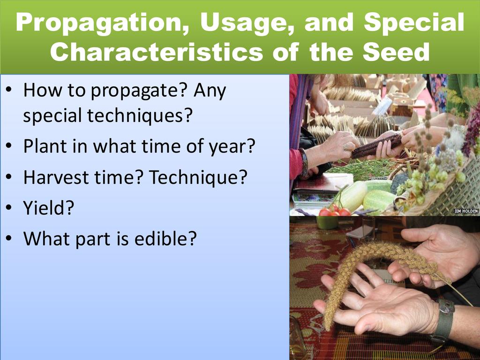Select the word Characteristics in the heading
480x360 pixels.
pyautogui.click(x=157, y=51)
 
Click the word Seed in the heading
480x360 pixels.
pyautogui.click(x=396, y=51)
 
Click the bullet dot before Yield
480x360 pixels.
pyautogui.click(x=9, y=208)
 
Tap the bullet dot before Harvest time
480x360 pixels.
pyautogui.click(x=9, y=178)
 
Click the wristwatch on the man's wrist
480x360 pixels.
pyautogui.click(x=444, y=318)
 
